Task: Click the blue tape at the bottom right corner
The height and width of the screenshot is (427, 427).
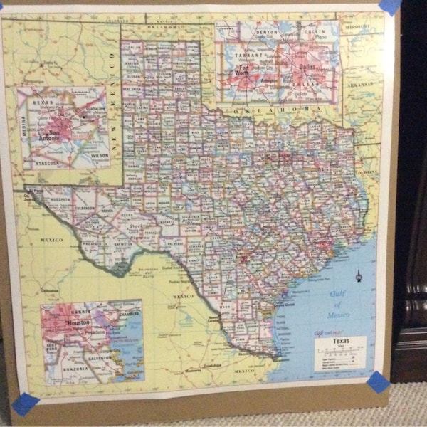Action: [x=377, y=381]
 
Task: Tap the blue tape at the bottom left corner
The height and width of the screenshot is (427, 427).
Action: [x=25, y=404]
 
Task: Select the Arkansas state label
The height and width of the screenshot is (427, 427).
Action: [x=362, y=84]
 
